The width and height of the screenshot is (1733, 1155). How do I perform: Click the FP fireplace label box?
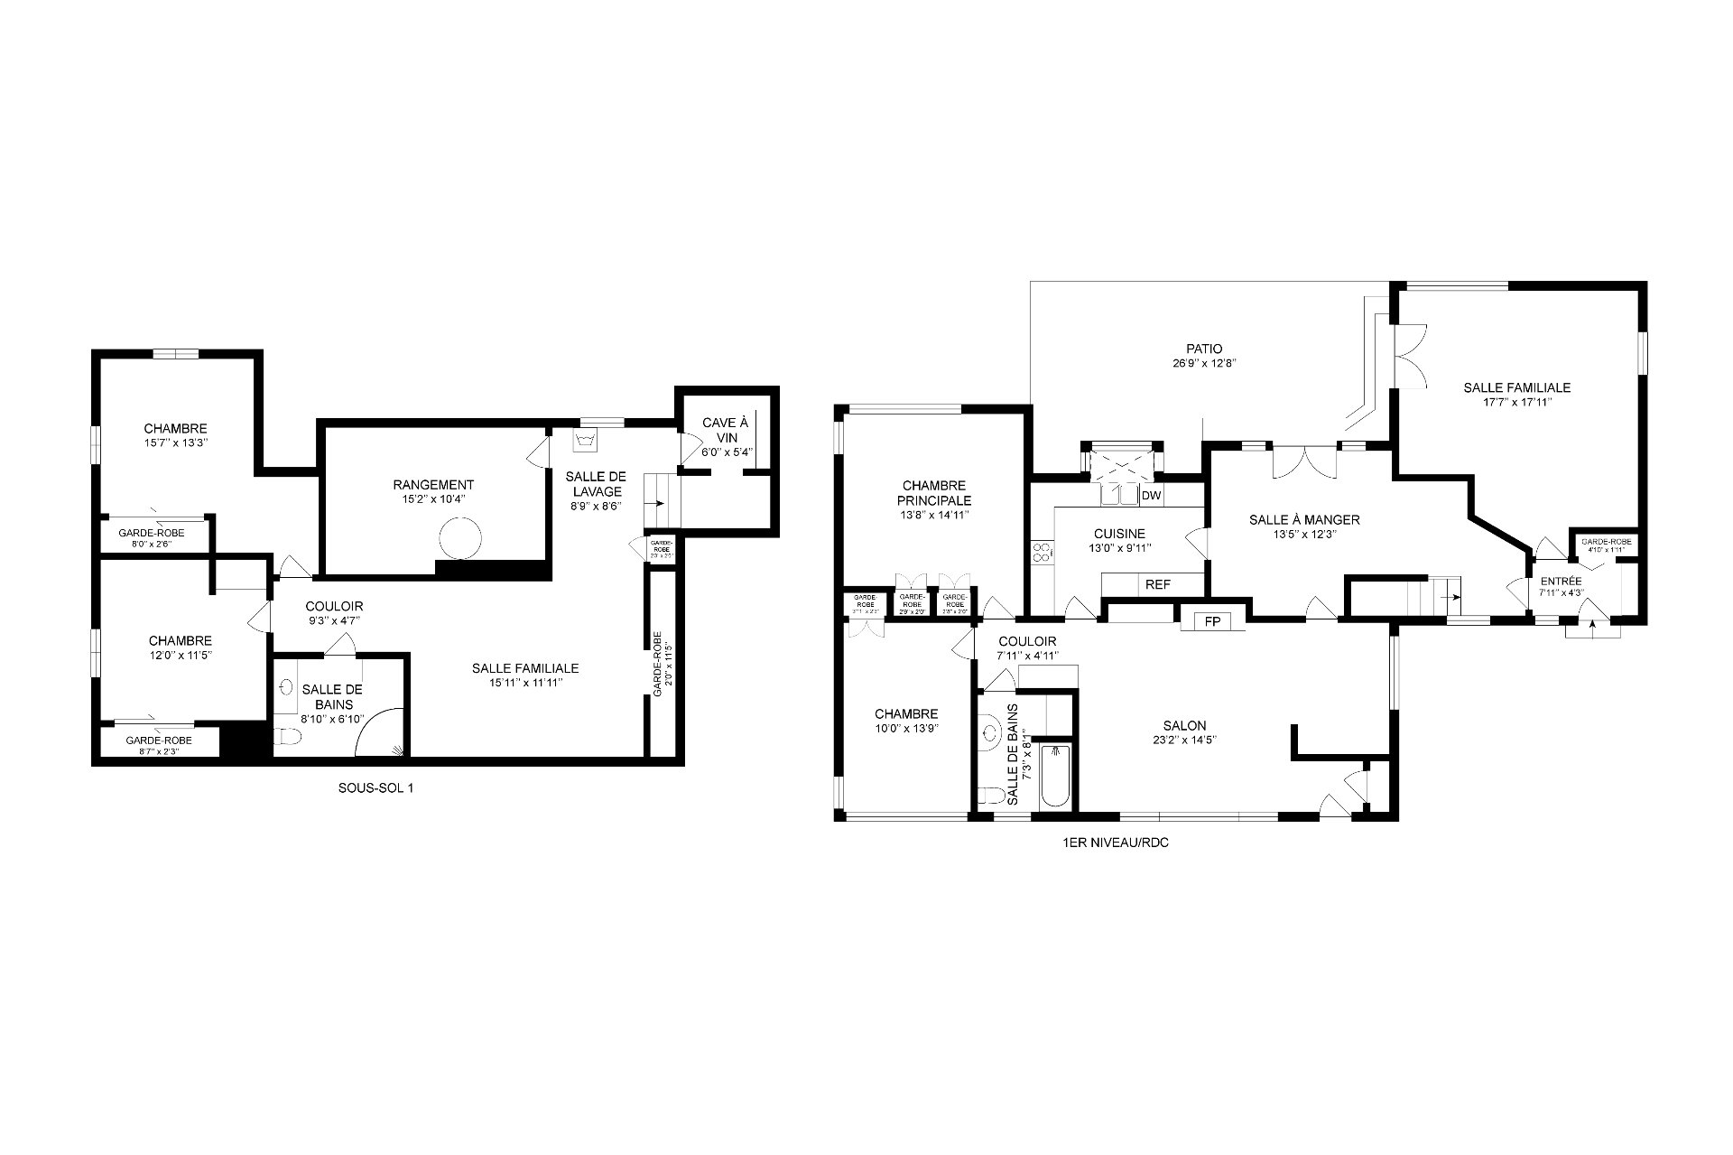coord(1212,621)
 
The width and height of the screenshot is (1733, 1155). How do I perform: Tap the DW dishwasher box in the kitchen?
coord(1151,496)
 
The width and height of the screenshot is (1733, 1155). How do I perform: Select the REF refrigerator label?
coord(1157,585)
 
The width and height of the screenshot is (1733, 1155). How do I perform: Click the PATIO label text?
coord(1204,349)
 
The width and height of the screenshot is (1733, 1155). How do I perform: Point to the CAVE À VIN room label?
coord(726,430)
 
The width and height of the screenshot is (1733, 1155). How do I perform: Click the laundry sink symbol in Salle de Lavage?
coord(585,441)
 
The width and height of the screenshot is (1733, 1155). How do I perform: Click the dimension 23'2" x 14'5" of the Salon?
coord(1184,741)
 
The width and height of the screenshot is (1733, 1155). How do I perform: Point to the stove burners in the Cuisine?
coord(1042,551)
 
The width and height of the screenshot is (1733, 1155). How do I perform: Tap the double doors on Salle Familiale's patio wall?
coord(1408,357)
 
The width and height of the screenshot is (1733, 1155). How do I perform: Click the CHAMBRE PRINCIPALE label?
coord(933,493)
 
